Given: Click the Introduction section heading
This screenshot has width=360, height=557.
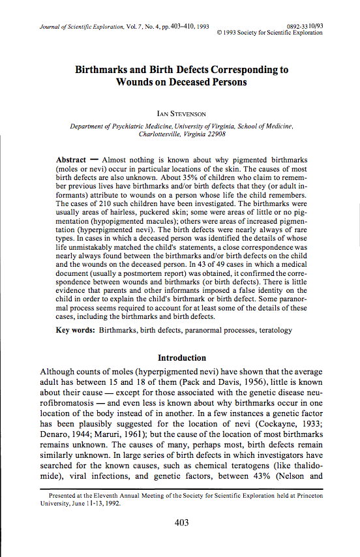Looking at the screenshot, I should (183, 357).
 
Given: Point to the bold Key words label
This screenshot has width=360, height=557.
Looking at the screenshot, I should (76, 331).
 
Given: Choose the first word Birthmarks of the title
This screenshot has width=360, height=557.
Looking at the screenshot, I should (109, 69).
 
